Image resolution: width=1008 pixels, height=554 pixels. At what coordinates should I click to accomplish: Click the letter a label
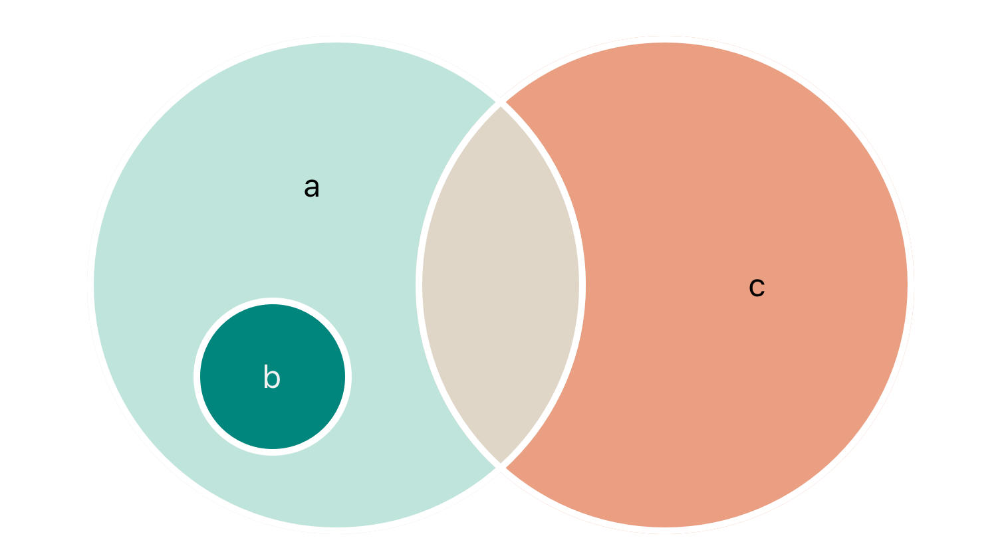click(x=311, y=188)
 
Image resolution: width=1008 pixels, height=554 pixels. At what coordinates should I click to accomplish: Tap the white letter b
click(x=271, y=377)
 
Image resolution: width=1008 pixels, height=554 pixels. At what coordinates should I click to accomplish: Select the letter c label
click(x=757, y=287)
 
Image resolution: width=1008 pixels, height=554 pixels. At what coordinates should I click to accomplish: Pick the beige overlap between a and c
click(x=501, y=285)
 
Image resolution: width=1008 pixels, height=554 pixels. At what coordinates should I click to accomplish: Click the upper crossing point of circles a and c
click(x=501, y=103)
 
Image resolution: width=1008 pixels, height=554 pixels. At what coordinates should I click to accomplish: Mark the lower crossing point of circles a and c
click(x=501, y=466)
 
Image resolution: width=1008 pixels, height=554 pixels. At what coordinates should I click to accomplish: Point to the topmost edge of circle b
click(x=273, y=304)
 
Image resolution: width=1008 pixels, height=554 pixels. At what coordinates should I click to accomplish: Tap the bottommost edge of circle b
click(x=273, y=450)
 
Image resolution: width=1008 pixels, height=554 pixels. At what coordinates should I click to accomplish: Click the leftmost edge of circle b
click(x=199, y=377)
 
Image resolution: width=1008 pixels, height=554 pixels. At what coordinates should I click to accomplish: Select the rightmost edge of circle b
click(x=346, y=377)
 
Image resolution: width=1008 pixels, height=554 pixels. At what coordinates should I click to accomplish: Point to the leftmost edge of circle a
click(x=93, y=285)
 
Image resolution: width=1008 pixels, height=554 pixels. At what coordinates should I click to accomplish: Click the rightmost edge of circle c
click(x=908, y=285)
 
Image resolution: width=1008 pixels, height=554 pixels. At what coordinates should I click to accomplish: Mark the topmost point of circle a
click(x=336, y=42)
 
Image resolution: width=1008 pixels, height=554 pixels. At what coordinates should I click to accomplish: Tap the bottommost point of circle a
click(x=336, y=528)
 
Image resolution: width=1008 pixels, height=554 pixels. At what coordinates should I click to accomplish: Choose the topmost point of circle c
click(x=665, y=42)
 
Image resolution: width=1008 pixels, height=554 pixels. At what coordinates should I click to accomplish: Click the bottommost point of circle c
click(x=665, y=528)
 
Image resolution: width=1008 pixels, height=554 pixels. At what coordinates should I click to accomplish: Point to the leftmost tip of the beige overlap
click(x=422, y=285)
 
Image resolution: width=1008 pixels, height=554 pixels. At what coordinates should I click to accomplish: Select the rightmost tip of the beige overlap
click(x=580, y=285)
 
